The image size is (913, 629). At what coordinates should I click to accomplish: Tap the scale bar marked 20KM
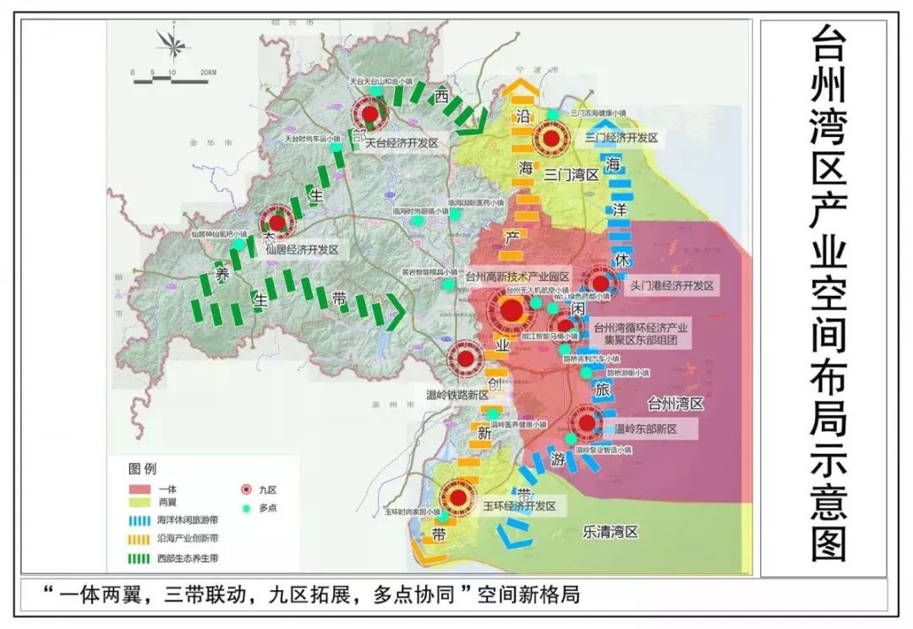click(x=173, y=73)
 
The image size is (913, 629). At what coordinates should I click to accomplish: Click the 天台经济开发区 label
click(x=402, y=144)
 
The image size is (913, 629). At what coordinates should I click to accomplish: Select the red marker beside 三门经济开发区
click(x=551, y=138)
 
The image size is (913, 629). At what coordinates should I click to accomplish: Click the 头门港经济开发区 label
click(x=672, y=287)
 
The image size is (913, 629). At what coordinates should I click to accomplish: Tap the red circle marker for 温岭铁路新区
click(x=465, y=359)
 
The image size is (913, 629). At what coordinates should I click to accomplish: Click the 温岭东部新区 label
click(x=645, y=429)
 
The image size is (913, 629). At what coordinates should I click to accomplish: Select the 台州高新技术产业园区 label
click(x=517, y=276)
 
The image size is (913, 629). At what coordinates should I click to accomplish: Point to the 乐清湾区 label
click(x=610, y=532)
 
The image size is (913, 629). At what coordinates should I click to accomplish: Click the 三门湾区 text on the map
click(x=571, y=175)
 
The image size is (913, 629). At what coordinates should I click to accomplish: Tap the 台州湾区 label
click(x=675, y=404)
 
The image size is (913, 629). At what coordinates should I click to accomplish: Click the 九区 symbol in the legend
click(x=246, y=490)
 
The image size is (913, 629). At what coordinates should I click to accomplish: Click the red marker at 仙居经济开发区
click(x=276, y=224)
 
